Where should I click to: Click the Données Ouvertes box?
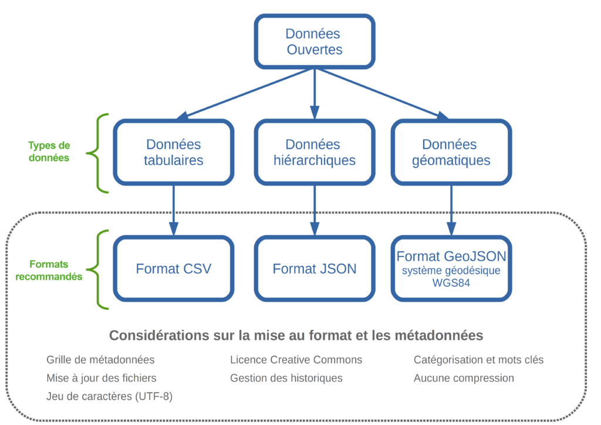click(x=315, y=42)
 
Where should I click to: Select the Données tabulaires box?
click(x=173, y=152)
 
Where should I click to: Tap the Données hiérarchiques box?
click(x=315, y=152)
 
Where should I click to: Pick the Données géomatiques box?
click(x=451, y=152)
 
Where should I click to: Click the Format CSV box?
click(x=173, y=268)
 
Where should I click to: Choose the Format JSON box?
click(x=315, y=268)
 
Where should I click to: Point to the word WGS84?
click(x=451, y=283)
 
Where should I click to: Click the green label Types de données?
click(x=49, y=151)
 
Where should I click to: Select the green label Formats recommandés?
click(x=49, y=270)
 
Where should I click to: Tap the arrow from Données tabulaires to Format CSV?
click(x=174, y=210)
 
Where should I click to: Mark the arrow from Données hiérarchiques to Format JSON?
click(x=315, y=210)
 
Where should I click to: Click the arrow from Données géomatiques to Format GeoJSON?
click(x=451, y=210)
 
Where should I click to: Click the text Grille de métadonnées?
click(x=100, y=360)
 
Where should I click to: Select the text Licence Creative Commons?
click(x=296, y=360)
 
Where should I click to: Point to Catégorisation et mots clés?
click(x=478, y=360)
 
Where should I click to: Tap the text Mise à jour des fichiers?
click(x=101, y=378)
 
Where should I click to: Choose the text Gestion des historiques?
click(x=286, y=378)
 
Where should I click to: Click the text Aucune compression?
click(x=464, y=378)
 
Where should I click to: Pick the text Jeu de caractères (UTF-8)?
click(x=109, y=396)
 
